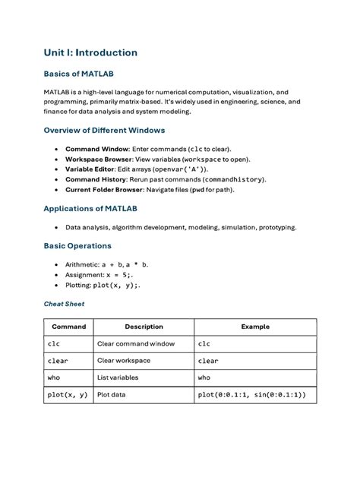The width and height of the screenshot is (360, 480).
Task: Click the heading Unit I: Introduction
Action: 90,52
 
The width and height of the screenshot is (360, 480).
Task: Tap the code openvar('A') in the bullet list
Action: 180,169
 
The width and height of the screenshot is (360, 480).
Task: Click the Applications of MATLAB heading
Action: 90,208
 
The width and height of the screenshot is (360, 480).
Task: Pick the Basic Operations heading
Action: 77,246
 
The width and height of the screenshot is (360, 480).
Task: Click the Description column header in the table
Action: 144,327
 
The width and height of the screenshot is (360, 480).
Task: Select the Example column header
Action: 255,327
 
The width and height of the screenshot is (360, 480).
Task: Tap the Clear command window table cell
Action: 136,343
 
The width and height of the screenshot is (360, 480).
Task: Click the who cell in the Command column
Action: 53,377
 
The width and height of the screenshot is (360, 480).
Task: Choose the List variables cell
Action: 118,377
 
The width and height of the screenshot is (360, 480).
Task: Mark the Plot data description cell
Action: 114,395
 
